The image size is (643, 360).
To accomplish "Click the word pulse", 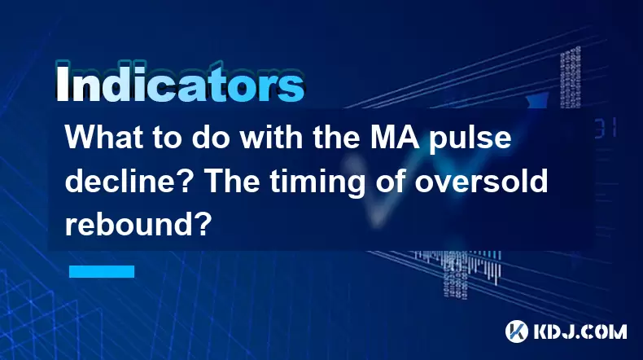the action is [x=470, y=139].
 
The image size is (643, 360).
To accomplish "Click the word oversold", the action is [x=481, y=181].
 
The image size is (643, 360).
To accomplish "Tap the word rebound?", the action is [x=138, y=224].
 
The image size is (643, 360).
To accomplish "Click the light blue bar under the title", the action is [x=102, y=272].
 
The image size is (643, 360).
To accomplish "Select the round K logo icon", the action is [x=517, y=331].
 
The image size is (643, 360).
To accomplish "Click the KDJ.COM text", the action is [x=580, y=331].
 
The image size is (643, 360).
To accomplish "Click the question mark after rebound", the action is [x=204, y=224].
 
